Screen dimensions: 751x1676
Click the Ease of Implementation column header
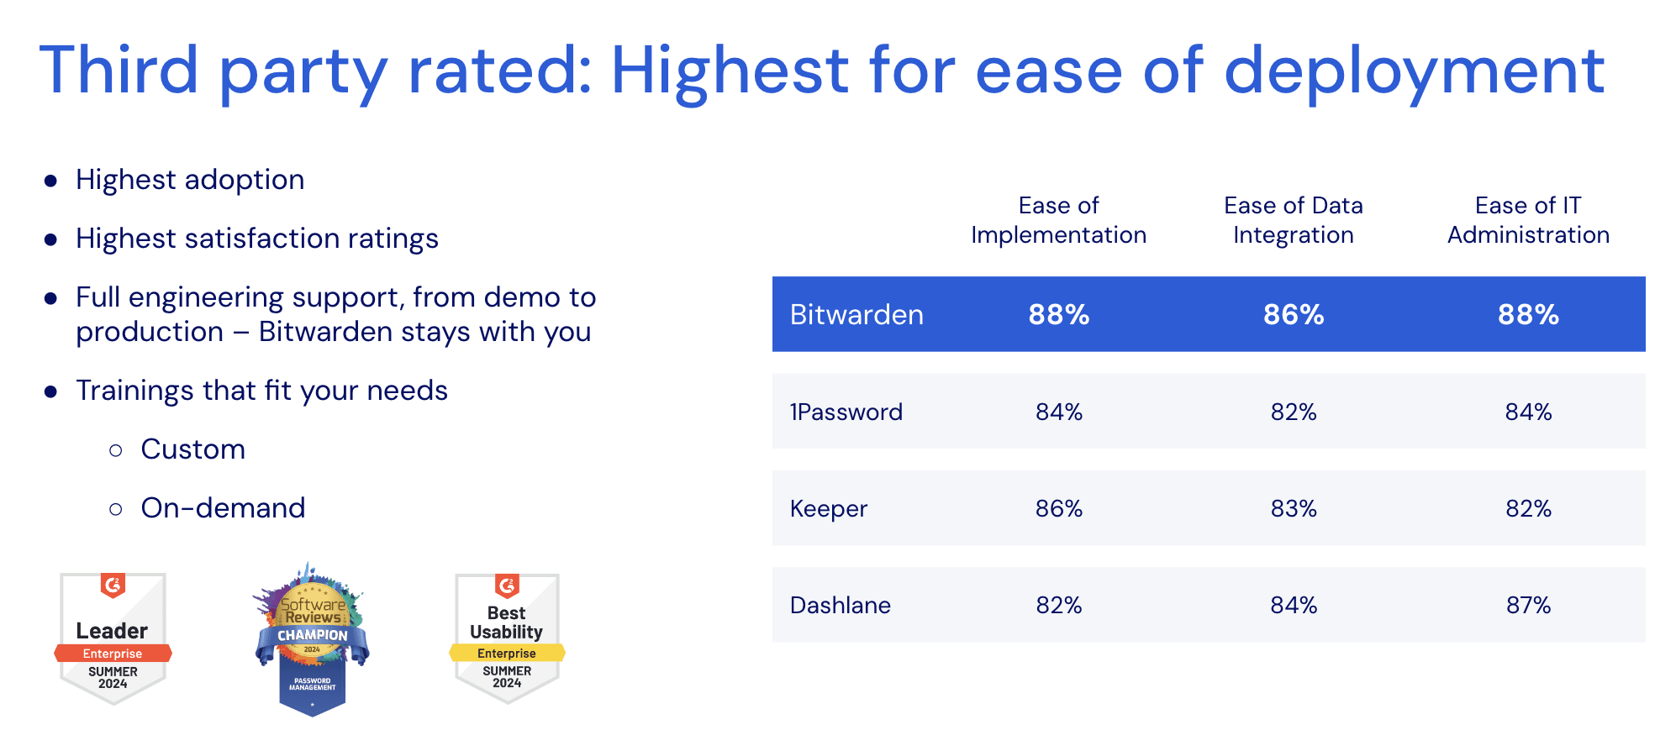pyautogui.click(x=1058, y=220)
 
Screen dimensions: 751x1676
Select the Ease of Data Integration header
pyautogui.click(x=1293, y=220)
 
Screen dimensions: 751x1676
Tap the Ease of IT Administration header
pyautogui.click(x=1527, y=220)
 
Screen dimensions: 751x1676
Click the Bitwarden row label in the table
pyautogui.click(x=856, y=315)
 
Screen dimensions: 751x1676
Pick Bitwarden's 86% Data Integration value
pyautogui.click(x=1293, y=315)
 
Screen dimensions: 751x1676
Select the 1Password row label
pyautogui.click(x=846, y=412)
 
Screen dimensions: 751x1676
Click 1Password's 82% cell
pyautogui.click(x=1293, y=412)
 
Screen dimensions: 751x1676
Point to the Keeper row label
pyautogui.click(x=828, y=509)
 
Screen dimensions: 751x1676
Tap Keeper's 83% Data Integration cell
pyautogui.click(x=1293, y=508)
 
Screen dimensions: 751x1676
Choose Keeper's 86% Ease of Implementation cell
pyautogui.click(x=1058, y=508)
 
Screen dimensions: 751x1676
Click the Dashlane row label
pyautogui.click(x=840, y=605)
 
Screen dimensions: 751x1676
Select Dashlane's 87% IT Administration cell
pyautogui.click(x=1527, y=605)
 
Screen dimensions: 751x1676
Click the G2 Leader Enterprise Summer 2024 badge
pyautogui.click(x=113, y=638)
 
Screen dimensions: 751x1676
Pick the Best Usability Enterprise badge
pyautogui.click(x=507, y=638)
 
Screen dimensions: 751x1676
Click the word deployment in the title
pyautogui.click(x=1414, y=71)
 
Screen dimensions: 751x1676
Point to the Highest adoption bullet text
pyautogui.click(x=190, y=180)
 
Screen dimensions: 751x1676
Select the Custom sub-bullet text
pyautogui.click(x=192, y=449)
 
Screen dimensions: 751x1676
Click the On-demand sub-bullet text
pyautogui.click(x=223, y=508)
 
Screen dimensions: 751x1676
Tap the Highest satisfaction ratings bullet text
pyautogui.click(x=256, y=239)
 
